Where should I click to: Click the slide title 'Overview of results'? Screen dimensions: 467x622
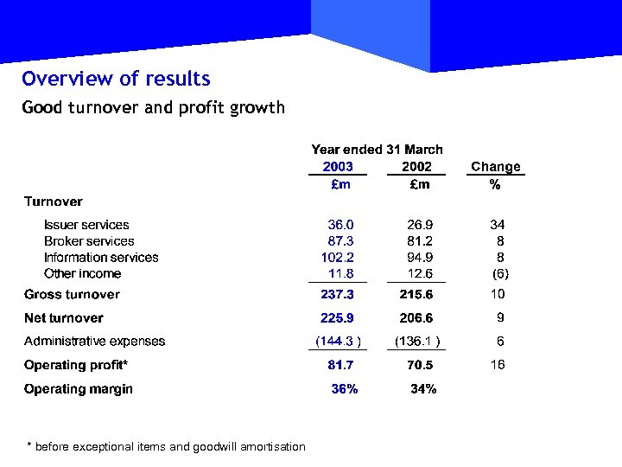click(116, 79)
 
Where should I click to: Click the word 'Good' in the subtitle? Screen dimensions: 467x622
click(42, 108)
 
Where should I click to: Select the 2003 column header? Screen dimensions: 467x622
click(338, 167)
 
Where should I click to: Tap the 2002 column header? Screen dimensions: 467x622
click(416, 167)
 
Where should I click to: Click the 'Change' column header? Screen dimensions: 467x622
click(495, 167)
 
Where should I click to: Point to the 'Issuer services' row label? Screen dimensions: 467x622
click(86, 225)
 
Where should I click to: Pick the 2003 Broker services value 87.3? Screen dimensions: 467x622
click(340, 241)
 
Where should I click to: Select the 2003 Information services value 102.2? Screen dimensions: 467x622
click(338, 258)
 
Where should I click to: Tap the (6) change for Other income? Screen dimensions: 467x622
click(499, 274)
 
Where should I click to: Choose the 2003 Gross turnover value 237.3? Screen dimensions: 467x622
click(337, 295)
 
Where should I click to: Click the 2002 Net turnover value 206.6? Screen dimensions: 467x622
click(416, 318)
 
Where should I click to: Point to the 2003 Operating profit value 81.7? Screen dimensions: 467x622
click(340, 365)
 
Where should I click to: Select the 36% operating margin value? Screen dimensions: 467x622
click(345, 389)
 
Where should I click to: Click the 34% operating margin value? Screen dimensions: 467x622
click(423, 389)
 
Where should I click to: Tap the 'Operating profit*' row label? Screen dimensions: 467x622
click(76, 365)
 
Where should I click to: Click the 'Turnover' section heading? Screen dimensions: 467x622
click(54, 202)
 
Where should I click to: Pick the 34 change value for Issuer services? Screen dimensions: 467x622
click(497, 225)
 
